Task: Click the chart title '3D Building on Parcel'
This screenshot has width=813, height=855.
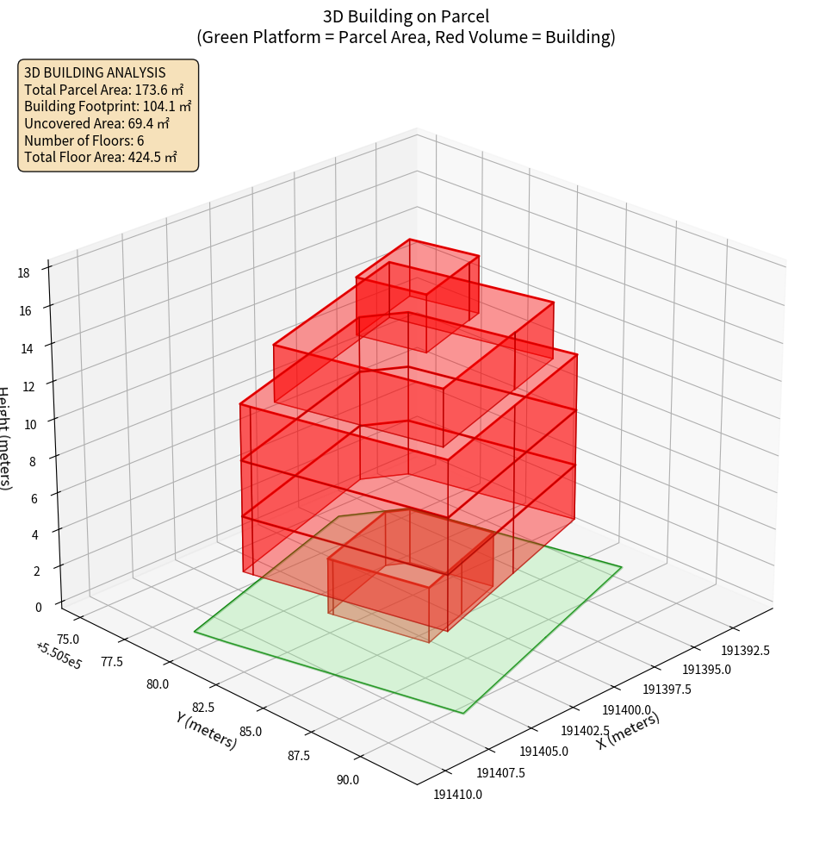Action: (406, 16)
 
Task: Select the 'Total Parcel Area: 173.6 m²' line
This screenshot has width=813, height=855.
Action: (104, 89)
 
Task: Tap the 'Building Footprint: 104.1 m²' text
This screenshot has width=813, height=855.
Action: (108, 106)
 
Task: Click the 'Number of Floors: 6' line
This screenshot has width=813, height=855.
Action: (84, 140)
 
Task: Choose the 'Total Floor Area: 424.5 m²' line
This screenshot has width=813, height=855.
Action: (101, 157)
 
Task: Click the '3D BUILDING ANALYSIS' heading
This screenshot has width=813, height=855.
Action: (95, 72)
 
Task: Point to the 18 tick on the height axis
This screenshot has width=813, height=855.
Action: (24, 273)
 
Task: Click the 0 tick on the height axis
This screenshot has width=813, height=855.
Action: (38, 606)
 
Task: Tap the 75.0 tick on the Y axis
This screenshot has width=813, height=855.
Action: (67, 639)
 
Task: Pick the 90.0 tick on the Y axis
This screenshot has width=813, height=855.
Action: (348, 780)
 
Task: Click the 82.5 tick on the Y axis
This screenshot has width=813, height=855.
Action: (203, 708)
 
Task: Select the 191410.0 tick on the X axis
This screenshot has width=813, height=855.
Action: (457, 795)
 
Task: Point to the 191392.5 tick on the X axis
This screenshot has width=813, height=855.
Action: (745, 650)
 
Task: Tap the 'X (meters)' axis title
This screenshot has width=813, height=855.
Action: (629, 731)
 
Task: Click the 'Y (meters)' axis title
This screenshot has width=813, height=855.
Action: (206, 729)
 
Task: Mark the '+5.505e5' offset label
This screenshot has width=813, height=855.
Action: (59, 656)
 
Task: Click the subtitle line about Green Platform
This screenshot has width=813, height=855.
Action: (406, 37)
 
